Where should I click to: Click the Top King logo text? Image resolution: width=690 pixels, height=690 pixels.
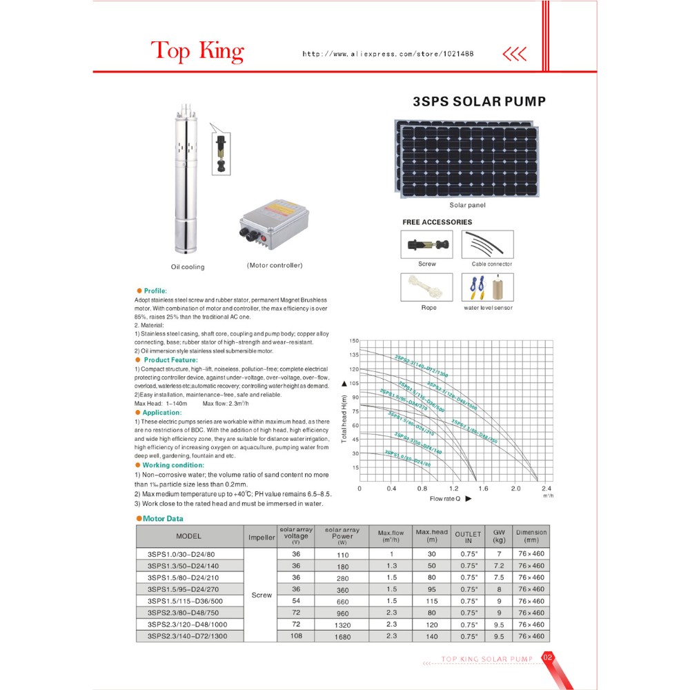pos(197,51)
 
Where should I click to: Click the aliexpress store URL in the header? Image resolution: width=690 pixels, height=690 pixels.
pos(388,54)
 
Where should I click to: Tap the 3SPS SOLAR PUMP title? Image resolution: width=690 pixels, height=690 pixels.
pos(479,101)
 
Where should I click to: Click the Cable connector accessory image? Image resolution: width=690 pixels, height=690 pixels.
pos(487,244)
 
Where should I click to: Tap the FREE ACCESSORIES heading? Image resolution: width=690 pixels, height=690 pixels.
pos(437,222)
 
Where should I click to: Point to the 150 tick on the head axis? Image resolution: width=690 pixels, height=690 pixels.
pos(354,341)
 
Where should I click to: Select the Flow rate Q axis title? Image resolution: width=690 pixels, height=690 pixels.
pos(446,498)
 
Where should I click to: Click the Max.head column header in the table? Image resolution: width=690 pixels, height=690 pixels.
pos(431,535)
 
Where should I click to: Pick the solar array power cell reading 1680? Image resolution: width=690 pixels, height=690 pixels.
pos(342,637)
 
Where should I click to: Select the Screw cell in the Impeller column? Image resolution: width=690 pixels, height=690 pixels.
pos(262,595)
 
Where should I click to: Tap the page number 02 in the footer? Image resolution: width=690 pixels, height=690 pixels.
pos(549,657)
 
